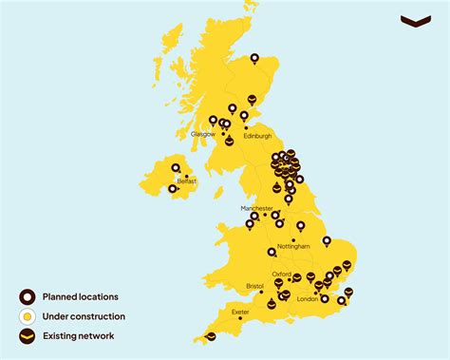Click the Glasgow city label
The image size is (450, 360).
click(202, 135)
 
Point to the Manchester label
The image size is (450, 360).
click(256, 207)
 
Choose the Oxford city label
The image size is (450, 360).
click(281, 275)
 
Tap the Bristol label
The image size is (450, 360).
click(254, 285)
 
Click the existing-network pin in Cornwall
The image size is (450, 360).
click(211, 335)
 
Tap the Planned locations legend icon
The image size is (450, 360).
click(29, 296)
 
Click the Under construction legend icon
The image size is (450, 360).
click(29, 316)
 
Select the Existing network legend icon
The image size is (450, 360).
click(29, 336)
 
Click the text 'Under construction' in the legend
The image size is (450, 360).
click(89, 316)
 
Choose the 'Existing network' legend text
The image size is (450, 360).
click(84, 336)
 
